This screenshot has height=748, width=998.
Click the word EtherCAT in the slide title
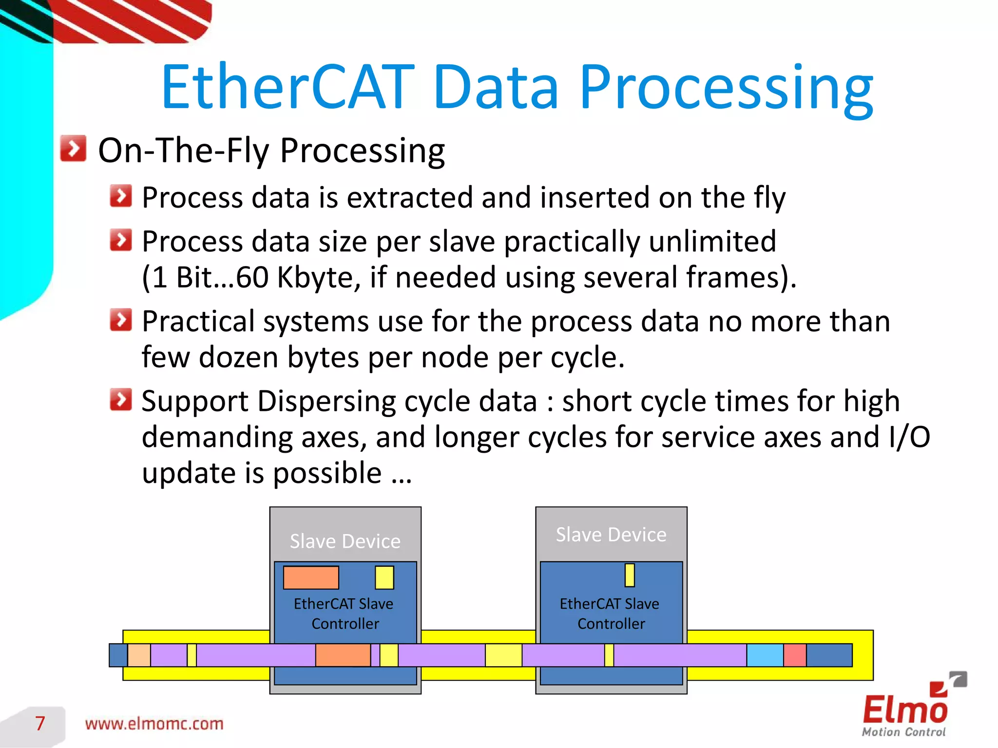(x=288, y=88)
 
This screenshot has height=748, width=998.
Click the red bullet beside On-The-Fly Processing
(x=73, y=149)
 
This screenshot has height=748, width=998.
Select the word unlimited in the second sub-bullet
(x=712, y=241)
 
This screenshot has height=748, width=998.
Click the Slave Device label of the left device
(x=345, y=541)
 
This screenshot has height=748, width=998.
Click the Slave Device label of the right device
(x=611, y=535)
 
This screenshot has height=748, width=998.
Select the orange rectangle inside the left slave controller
(x=311, y=577)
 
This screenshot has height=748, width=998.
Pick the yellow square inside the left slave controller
(x=384, y=577)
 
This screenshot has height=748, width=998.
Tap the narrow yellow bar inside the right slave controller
(x=630, y=575)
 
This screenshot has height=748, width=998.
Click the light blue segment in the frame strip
(x=765, y=655)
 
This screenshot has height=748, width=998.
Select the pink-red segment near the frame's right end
(x=795, y=655)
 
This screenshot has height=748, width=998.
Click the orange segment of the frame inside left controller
(x=343, y=655)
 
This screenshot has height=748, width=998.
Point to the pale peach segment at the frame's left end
(x=139, y=655)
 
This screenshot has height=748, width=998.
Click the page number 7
(x=40, y=723)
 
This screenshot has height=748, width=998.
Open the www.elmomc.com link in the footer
(x=154, y=724)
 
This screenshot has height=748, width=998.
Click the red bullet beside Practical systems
(x=121, y=320)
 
